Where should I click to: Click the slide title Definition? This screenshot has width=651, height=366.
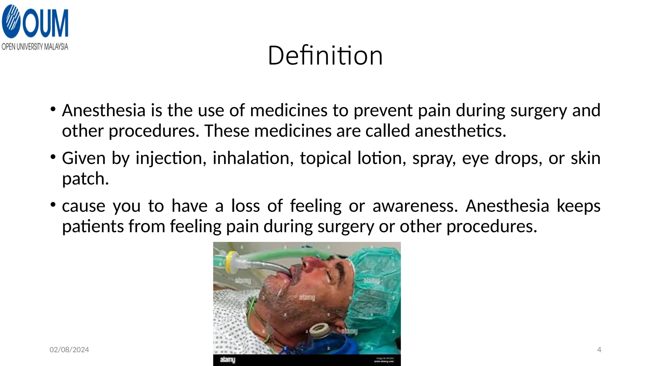325,56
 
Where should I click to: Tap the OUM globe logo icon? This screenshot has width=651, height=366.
11,22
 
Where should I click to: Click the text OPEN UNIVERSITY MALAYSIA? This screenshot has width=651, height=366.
35,47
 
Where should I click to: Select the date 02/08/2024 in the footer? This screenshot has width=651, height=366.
69,350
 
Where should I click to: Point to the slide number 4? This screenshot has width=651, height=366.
599,350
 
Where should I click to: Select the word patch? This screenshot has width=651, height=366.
85,179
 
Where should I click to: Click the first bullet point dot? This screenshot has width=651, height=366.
53,109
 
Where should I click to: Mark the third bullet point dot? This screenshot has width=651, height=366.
53,205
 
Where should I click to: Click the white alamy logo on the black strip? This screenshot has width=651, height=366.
228,360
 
